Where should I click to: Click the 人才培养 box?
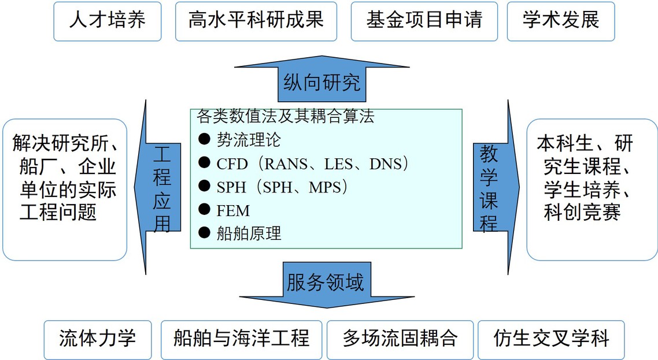pyautogui.click(x=107, y=21)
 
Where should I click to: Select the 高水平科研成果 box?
pyautogui.click(x=256, y=21)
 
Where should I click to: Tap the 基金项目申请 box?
pyautogui.click(x=424, y=21)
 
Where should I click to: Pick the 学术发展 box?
pyautogui.click(x=560, y=21)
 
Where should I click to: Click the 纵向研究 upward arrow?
pyautogui.click(x=321, y=83)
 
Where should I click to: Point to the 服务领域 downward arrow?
pyautogui.click(x=325, y=284)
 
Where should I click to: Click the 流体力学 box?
pyautogui.click(x=98, y=338)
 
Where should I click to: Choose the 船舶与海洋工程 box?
pyautogui.click(x=241, y=338)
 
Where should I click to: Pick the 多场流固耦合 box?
pyautogui.click(x=400, y=338)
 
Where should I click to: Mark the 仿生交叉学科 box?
pyautogui.click(x=551, y=338)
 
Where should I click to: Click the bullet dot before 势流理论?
pyautogui.click(x=204, y=139)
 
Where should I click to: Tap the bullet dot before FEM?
pyautogui.click(x=204, y=210)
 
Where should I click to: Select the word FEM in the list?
pyautogui.click(x=233, y=210)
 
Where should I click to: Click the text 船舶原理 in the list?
pyautogui.click(x=249, y=233)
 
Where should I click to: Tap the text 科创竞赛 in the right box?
pyautogui.click(x=582, y=211)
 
